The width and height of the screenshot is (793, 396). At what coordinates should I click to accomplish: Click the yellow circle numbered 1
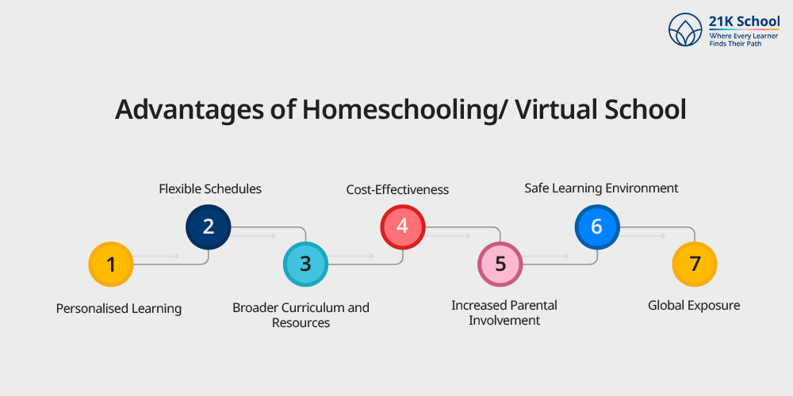click(x=111, y=265)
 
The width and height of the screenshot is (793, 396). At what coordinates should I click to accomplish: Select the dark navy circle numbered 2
click(x=209, y=227)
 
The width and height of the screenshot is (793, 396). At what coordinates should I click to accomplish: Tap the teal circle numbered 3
click(x=305, y=265)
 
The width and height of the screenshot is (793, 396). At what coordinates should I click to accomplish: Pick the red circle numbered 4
click(x=403, y=227)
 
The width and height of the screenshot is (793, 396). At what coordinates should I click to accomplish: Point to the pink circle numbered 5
click(x=500, y=265)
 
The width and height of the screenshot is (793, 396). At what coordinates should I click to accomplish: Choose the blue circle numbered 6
click(x=597, y=227)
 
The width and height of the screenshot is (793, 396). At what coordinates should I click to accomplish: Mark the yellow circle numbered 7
click(x=695, y=265)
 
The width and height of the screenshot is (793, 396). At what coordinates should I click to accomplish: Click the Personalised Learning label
click(x=119, y=309)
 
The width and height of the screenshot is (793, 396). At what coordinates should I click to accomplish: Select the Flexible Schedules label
click(x=210, y=189)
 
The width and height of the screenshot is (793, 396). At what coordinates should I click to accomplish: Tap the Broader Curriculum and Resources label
click(x=301, y=314)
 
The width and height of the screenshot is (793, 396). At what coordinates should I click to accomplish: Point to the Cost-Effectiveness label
click(x=397, y=189)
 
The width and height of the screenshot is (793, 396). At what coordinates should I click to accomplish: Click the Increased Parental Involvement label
click(x=504, y=313)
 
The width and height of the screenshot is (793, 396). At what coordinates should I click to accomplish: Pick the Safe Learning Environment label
click(x=601, y=188)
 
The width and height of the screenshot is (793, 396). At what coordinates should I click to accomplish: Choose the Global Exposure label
click(x=694, y=306)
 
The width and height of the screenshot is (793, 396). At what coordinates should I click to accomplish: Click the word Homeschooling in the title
click(x=397, y=110)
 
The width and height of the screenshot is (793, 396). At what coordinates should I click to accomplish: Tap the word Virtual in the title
click(x=555, y=109)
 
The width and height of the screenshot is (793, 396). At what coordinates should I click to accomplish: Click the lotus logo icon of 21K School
click(x=685, y=29)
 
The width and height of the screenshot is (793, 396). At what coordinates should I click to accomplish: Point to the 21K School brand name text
click(x=744, y=23)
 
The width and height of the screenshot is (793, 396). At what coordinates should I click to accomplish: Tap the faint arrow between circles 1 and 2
click(x=157, y=257)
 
